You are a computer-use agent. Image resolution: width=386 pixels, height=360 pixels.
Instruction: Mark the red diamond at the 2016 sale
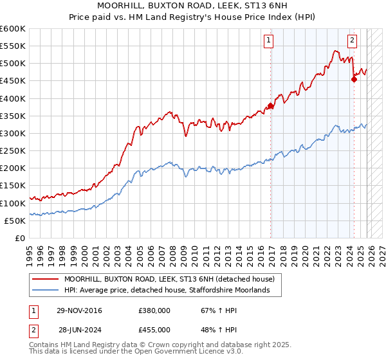pyautogui.click(x=271, y=106)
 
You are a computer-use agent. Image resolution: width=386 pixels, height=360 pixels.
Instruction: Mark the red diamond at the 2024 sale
pyautogui.click(x=354, y=80)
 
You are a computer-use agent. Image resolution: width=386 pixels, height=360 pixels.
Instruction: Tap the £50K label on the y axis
pyautogui.click(x=15, y=221)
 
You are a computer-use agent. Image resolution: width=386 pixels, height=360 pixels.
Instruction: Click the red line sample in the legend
pyautogui.click(x=45, y=279)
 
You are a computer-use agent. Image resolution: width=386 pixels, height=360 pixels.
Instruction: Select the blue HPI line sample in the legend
pyautogui.click(x=45, y=291)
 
